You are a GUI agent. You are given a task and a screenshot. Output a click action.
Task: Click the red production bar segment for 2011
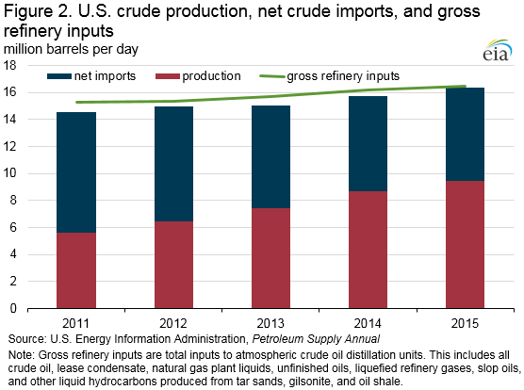(x=76, y=270)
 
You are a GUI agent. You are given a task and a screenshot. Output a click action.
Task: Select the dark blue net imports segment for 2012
(x=173, y=164)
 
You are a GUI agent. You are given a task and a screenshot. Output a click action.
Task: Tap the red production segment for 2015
(x=465, y=244)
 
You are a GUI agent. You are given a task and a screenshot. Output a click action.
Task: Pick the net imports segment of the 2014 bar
(x=368, y=143)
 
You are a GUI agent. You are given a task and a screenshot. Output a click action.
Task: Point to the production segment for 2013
(x=270, y=258)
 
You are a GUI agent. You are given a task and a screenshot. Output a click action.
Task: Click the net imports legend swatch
(x=59, y=76)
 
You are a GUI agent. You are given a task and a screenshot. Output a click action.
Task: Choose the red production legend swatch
(x=168, y=76)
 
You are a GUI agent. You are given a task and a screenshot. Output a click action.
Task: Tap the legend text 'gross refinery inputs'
(x=343, y=76)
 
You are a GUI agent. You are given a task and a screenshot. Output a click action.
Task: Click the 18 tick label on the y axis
(x=9, y=65)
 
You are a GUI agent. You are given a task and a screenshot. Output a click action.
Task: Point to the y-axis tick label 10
(x=9, y=173)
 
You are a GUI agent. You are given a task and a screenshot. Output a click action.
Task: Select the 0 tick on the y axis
(x=13, y=308)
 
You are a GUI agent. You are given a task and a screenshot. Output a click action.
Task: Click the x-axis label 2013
(x=270, y=323)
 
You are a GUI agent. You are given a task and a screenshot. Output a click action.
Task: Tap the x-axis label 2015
(x=465, y=323)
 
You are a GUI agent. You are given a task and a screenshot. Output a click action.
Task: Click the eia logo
(x=498, y=51)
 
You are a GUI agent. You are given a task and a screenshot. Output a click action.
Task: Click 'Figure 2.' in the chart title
(x=38, y=12)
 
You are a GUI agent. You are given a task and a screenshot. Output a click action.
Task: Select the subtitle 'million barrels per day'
(x=71, y=49)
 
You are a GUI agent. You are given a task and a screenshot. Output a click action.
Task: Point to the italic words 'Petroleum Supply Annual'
(x=316, y=339)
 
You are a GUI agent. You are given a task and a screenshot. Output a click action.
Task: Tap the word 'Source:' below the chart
(x=27, y=339)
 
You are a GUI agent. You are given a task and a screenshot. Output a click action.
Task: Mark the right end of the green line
(x=466, y=86)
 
